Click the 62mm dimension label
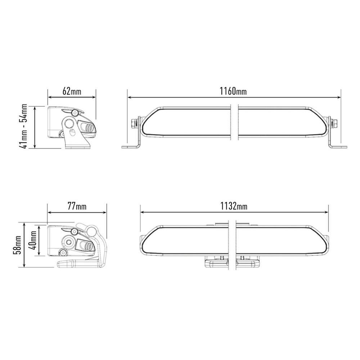72,91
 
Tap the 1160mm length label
233,91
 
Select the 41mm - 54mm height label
23,126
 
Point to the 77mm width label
77,206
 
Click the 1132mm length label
234,206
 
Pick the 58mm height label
17,245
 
